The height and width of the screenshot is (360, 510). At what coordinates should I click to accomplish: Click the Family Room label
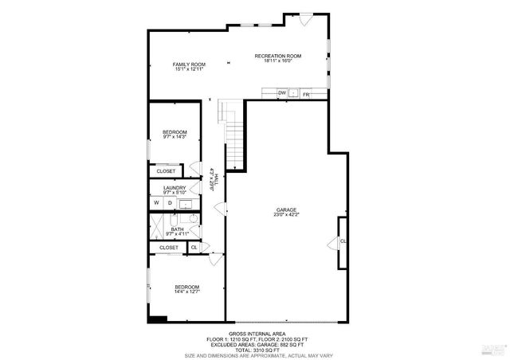click(x=190, y=64)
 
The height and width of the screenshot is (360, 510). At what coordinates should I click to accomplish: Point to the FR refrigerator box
click(x=305, y=94)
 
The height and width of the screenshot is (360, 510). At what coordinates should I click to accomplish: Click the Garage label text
click(x=287, y=209)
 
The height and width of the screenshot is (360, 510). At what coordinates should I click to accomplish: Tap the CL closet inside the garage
click(x=343, y=241)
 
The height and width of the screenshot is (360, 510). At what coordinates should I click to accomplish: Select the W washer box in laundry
click(x=157, y=203)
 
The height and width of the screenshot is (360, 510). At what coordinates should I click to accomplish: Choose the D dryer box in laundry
click(x=169, y=203)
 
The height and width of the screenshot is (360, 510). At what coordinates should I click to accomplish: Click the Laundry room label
click(x=175, y=188)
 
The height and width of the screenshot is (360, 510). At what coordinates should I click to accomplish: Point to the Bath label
click(x=177, y=229)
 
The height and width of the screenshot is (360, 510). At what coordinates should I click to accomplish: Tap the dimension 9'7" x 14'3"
click(x=175, y=137)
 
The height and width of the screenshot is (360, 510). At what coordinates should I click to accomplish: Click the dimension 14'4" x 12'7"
click(x=187, y=292)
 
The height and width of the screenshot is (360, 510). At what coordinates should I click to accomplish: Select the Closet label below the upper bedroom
click(x=166, y=171)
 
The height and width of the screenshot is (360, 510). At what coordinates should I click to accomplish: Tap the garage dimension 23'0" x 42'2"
click(x=287, y=215)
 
